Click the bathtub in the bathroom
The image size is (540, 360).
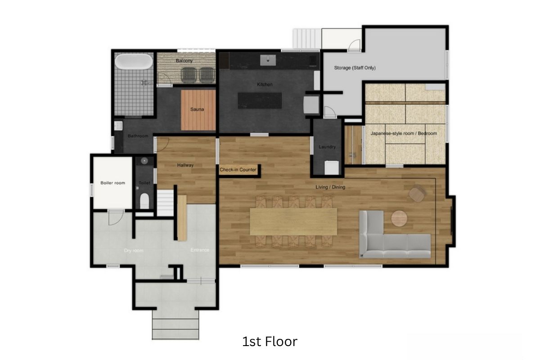click(134, 61)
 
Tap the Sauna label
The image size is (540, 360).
click(197, 109)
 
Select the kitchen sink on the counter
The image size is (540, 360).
click(268, 60)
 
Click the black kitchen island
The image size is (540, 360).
click(260, 100)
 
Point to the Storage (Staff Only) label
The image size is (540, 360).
click(355, 68)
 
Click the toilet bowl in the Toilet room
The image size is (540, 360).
click(144, 201)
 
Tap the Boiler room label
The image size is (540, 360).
click(113, 183)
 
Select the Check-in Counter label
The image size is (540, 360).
click(238, 170)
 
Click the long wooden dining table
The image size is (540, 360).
click(293, 221)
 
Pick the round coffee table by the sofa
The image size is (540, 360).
click(399, 218)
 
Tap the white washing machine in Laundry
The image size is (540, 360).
click(332, 167)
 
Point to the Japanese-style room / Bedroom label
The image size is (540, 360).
click(404, 133)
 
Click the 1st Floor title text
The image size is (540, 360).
click(270, 342)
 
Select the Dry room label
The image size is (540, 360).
click(134, 251)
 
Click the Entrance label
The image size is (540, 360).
click(200, 250)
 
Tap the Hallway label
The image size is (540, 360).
click(185, 165)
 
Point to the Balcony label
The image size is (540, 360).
click(184, 61)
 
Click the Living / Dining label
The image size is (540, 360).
click(330, 187)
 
